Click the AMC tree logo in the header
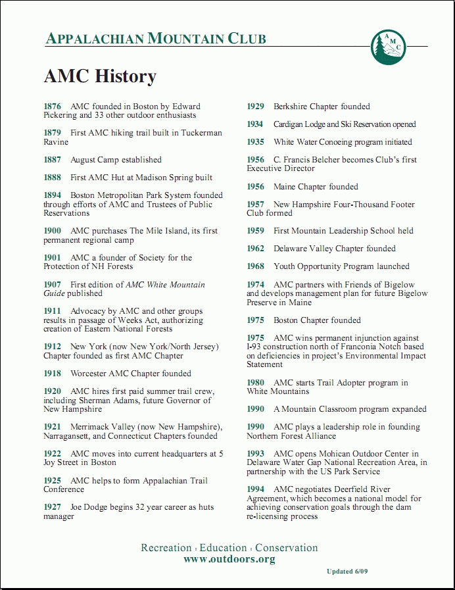[x=388, y=47]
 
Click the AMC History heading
[x=100, y=76]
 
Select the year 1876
[x=53, y=107]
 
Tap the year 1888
[x=53, y=178]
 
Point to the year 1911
[x=53, y=311]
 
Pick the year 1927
[x=53, y=507]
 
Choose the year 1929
[x=256, y=107]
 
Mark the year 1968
[x=256, y=266]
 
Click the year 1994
[x=256, y=489]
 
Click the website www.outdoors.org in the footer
[x=229, y=560]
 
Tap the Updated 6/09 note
[x=347, y=572]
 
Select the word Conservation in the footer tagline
[x=287, y=548]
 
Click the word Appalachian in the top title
[x=95, y=39]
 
